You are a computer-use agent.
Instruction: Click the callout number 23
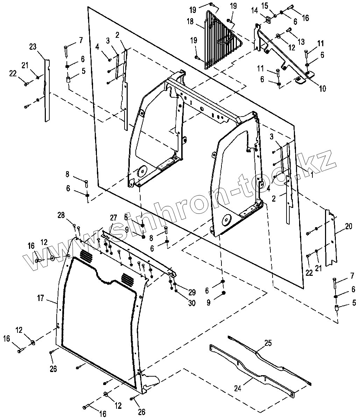33,47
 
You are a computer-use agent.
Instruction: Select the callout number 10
322,89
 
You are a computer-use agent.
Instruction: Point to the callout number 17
41,298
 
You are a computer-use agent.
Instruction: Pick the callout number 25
268,344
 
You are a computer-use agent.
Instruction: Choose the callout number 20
348,227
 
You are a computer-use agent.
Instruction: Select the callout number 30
191,303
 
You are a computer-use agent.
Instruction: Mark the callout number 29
191,292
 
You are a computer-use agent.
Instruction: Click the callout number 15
274,5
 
